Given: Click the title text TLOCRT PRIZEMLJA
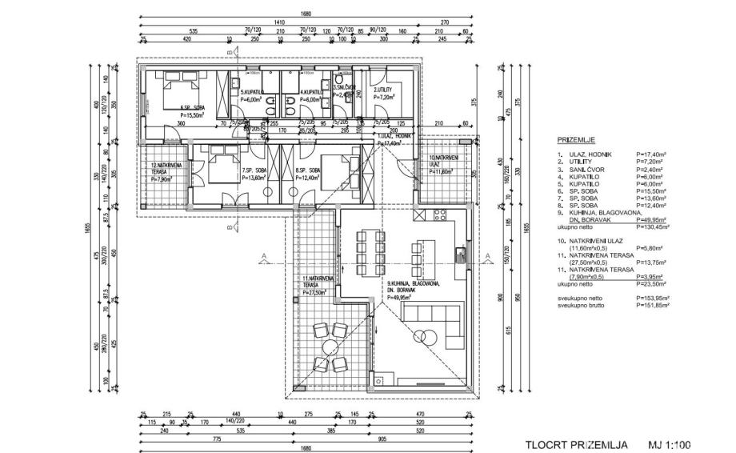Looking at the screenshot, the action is tap(575, 444).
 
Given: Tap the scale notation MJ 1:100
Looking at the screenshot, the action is tap(670, 444).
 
